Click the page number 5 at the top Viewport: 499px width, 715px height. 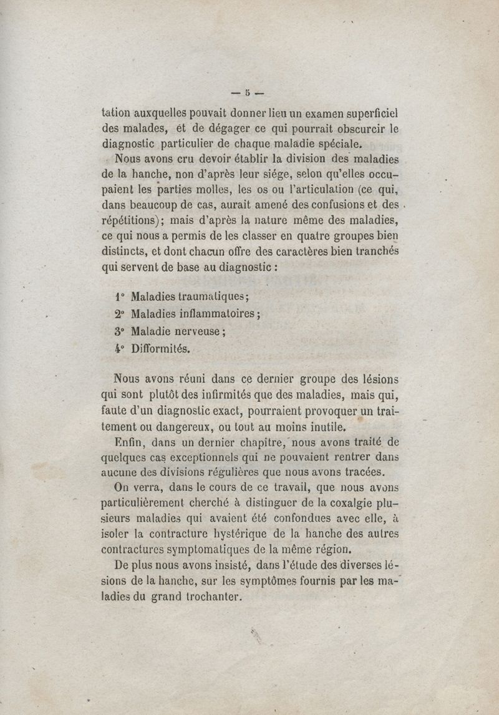[248, 92]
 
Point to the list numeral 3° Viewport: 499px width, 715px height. [120, 333]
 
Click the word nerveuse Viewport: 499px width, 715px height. [196, 333]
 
